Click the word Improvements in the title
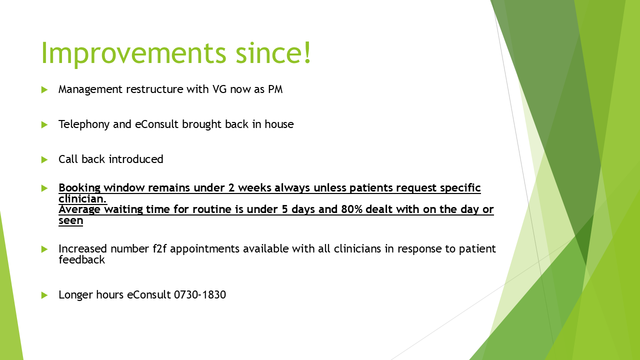pos(133,53)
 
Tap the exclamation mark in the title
pos(307,52)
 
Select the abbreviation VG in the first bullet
pos(219,89)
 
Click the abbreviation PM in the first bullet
pos(275,89)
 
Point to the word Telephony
pos(84,124)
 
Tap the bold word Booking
pos(79,188)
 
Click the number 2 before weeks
pos(231,188)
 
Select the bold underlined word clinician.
pos(82,199)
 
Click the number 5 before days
pos(284,209)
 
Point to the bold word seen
pos(71,220)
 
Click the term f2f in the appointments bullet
pos(159,248)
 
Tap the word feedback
pos(81,259)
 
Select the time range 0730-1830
pos(200,295)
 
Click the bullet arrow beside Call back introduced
pos(44,159)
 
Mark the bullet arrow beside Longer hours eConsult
pos(44,295)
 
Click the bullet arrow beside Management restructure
pos(44,89)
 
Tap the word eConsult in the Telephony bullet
pos(157,124)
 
